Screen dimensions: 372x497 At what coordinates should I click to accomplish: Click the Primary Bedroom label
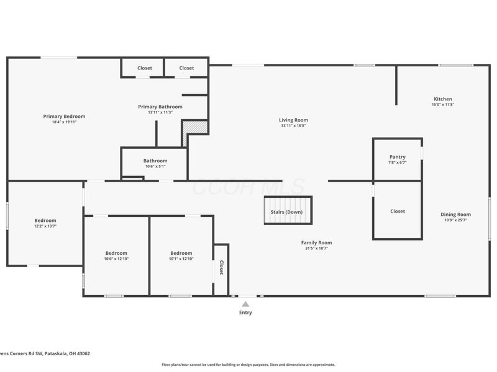tap(64, 116)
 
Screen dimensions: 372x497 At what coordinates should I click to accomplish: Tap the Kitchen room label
tap(442, 99)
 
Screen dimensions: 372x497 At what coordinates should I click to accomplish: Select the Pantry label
tap(397, 157)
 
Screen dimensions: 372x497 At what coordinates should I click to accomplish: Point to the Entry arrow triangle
tap(245, 304)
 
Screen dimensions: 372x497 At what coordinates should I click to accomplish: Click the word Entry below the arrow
tap(245, 312)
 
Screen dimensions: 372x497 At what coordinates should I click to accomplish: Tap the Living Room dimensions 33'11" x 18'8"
tap(293, 126)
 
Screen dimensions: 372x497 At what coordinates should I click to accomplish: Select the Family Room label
tap(316, 242)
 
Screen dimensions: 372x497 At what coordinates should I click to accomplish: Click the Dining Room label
tap(455, 215)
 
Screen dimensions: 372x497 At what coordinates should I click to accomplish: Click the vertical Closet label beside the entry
tap(221, 268)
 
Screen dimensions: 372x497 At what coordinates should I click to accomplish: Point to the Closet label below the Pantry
tap(397, 211)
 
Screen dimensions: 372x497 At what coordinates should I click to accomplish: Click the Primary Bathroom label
tap(160, 107)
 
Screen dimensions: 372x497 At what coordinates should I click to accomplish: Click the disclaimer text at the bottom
tap(248, 365)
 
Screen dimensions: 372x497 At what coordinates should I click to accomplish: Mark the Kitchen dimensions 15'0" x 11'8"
tap(442, 104)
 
